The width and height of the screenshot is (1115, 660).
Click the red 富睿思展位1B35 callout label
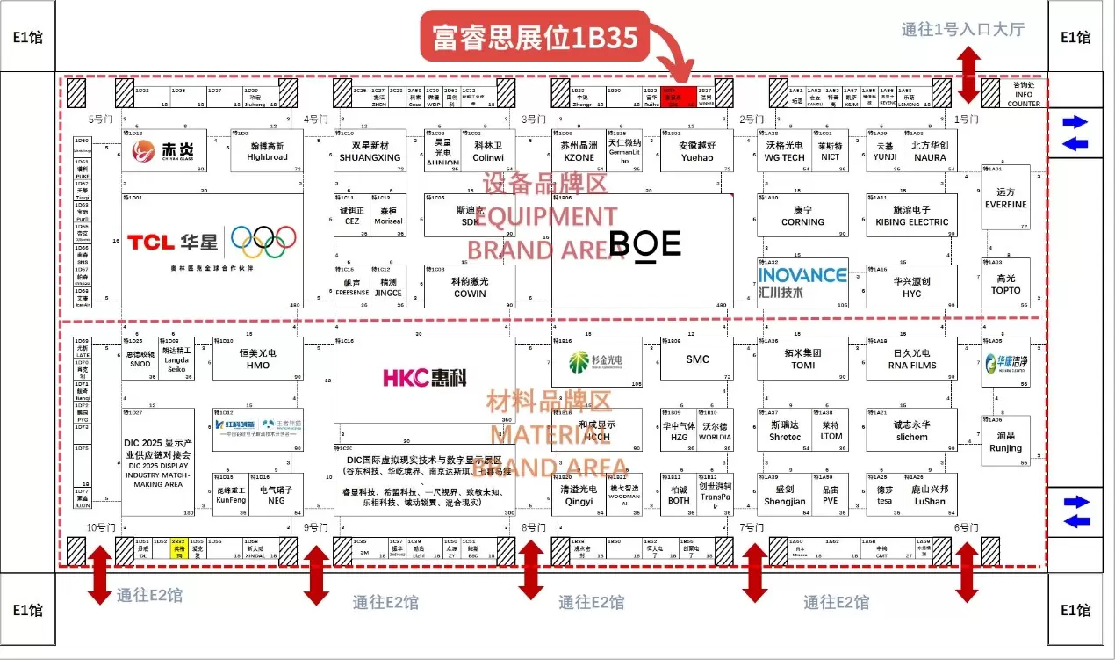click(534, 36)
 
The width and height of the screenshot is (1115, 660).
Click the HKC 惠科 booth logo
click(424, 378)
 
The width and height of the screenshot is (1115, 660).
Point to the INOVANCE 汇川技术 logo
click(802, 281)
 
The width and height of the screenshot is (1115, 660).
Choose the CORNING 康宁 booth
click(802, 216)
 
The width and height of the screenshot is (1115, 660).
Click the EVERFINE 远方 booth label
click(1005, 199)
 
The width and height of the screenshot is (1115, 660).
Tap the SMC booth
click(697, 359)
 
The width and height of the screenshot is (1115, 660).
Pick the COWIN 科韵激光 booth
click(470, 286)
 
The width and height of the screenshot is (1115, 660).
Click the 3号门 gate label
click(533, 120)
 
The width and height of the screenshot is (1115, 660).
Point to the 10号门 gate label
click(101, 527)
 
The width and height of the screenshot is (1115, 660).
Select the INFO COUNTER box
click(1024, 96)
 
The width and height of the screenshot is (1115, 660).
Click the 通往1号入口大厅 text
click(962, 29)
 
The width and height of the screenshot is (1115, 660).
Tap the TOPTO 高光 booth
click(1005, 283)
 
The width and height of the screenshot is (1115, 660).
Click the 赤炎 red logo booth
click(164, 151)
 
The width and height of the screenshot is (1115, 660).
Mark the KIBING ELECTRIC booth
click(912, 216)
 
